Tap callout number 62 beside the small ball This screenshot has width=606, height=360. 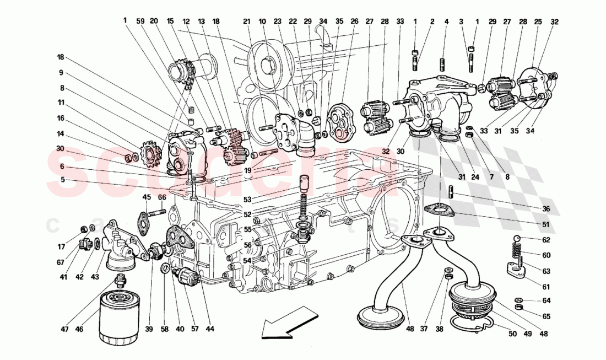[x=545, y=240]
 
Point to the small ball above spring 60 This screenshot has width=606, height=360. [x=518, y=238]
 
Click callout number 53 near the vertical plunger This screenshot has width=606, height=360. [x=247, y=199]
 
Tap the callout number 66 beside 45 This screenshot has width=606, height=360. [x=162, y=197]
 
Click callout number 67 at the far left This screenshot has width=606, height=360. [x=60, y=263]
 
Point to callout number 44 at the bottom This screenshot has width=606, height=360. [x=210, y=329]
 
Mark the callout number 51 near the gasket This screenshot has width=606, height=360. [x=545, y=224]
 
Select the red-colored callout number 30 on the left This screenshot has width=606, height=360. [x=61, y=148]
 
